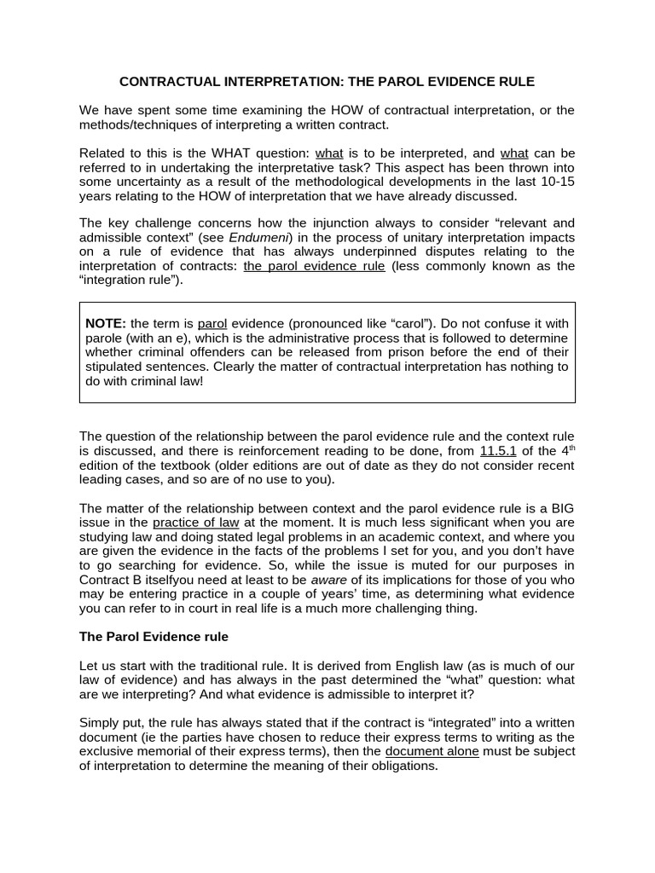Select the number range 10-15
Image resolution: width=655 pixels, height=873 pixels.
point(556,182)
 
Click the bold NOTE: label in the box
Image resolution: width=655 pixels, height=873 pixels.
point(106,324)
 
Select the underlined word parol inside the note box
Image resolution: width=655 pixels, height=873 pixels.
point(212,324)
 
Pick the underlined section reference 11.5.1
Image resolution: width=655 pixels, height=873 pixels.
point(499,451)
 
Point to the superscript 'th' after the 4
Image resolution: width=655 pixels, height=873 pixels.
point(569,448)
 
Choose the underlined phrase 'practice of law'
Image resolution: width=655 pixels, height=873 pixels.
point(196,522)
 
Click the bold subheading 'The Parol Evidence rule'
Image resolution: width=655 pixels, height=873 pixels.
point(154,637)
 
